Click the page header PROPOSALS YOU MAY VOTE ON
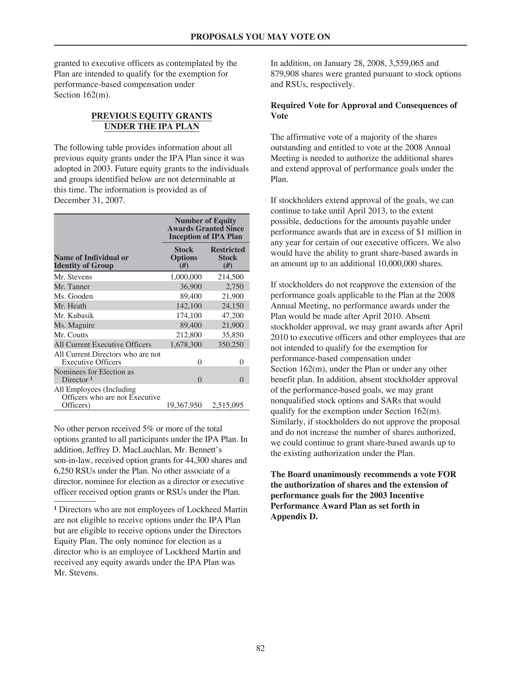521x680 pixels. pos(260,37)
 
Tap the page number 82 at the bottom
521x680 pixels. pos(260,648)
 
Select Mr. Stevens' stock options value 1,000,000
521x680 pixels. pos(186,277)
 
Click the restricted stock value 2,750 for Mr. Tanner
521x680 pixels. pos(235,286)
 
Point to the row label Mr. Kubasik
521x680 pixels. pos(74,315)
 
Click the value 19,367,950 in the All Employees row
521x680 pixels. pos(184,405)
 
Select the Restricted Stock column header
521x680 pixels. pos(227,257)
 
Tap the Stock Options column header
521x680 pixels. pos(184,257)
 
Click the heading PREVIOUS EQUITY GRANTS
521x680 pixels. pos(151,116)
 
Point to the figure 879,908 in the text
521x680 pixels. pos(283,74)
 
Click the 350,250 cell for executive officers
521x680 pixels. pos(230,344)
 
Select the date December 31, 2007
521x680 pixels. pos(89,200)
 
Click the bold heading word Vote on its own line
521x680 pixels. pos(279,116)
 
